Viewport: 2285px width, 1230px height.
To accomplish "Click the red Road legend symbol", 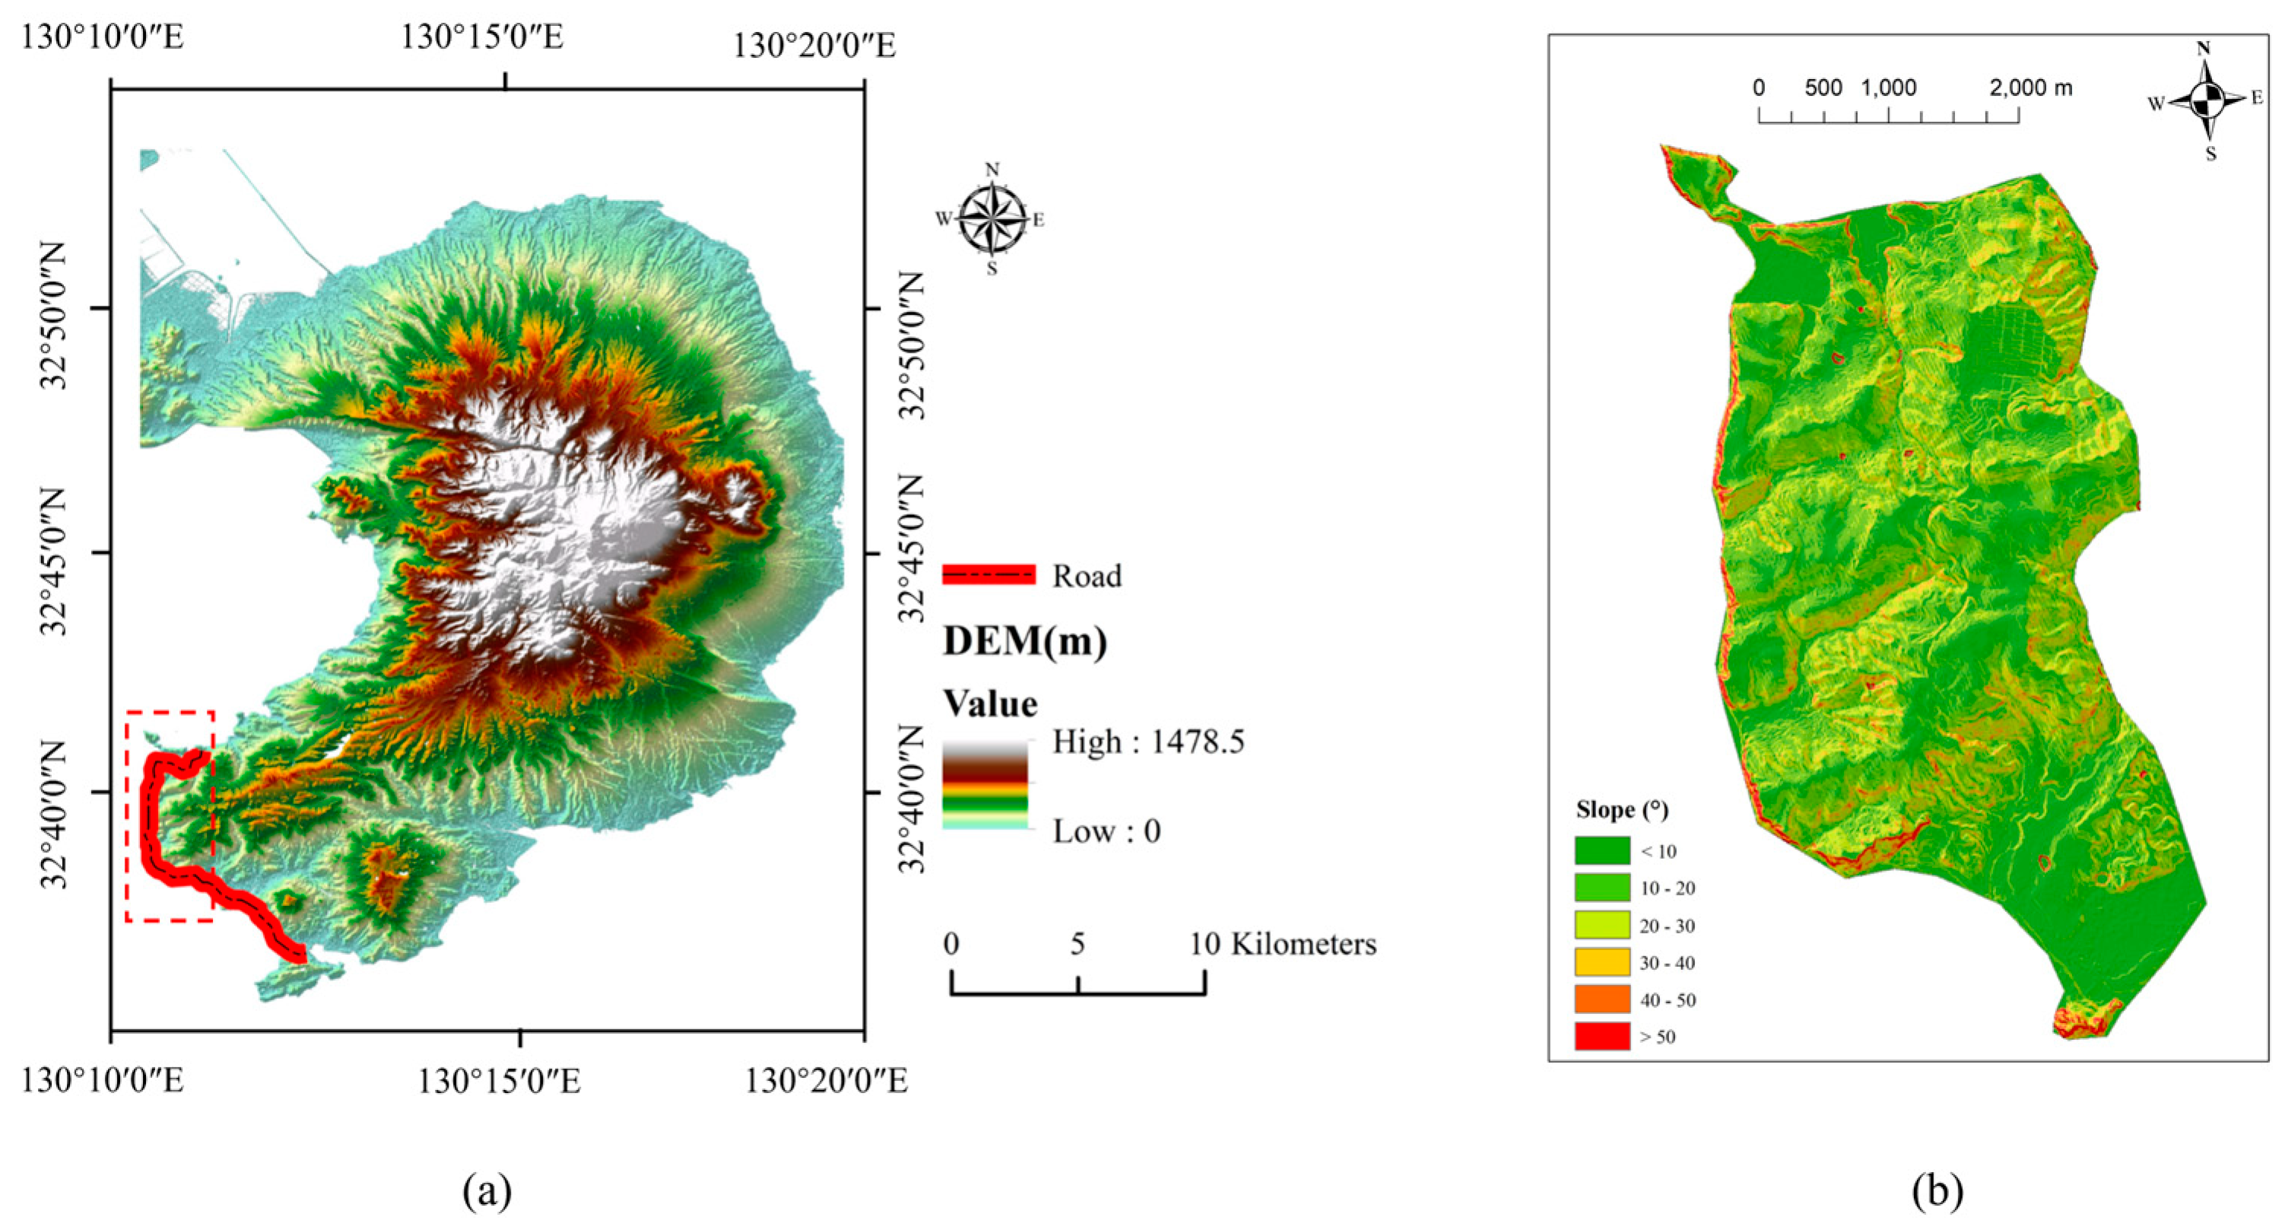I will click(989, 575).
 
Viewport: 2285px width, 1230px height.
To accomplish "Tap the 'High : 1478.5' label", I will click(1147, 741).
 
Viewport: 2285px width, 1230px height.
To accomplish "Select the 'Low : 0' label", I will click(1106, 831).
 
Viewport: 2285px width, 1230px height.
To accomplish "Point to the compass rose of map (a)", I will click(992, 218).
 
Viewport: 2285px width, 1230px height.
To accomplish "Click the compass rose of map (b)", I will click(2206, 100).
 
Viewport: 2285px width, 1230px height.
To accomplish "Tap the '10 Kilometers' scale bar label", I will click(1283, 943).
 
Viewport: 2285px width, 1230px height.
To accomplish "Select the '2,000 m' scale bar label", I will click(2030, 88).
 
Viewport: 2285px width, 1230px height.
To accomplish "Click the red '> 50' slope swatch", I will click(1602, 1037).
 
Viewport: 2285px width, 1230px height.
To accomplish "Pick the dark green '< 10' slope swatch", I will click(1602, 850).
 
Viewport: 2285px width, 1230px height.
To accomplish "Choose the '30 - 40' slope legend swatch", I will click(1602, 962).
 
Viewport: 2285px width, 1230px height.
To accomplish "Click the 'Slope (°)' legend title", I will click(1621, 809).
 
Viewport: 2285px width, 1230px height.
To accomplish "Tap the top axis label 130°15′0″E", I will click(481, 37).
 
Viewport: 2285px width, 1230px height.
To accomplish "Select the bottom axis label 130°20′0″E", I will click(825, 1082).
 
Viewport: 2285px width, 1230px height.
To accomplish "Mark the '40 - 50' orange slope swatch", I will click(1602, 1000).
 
